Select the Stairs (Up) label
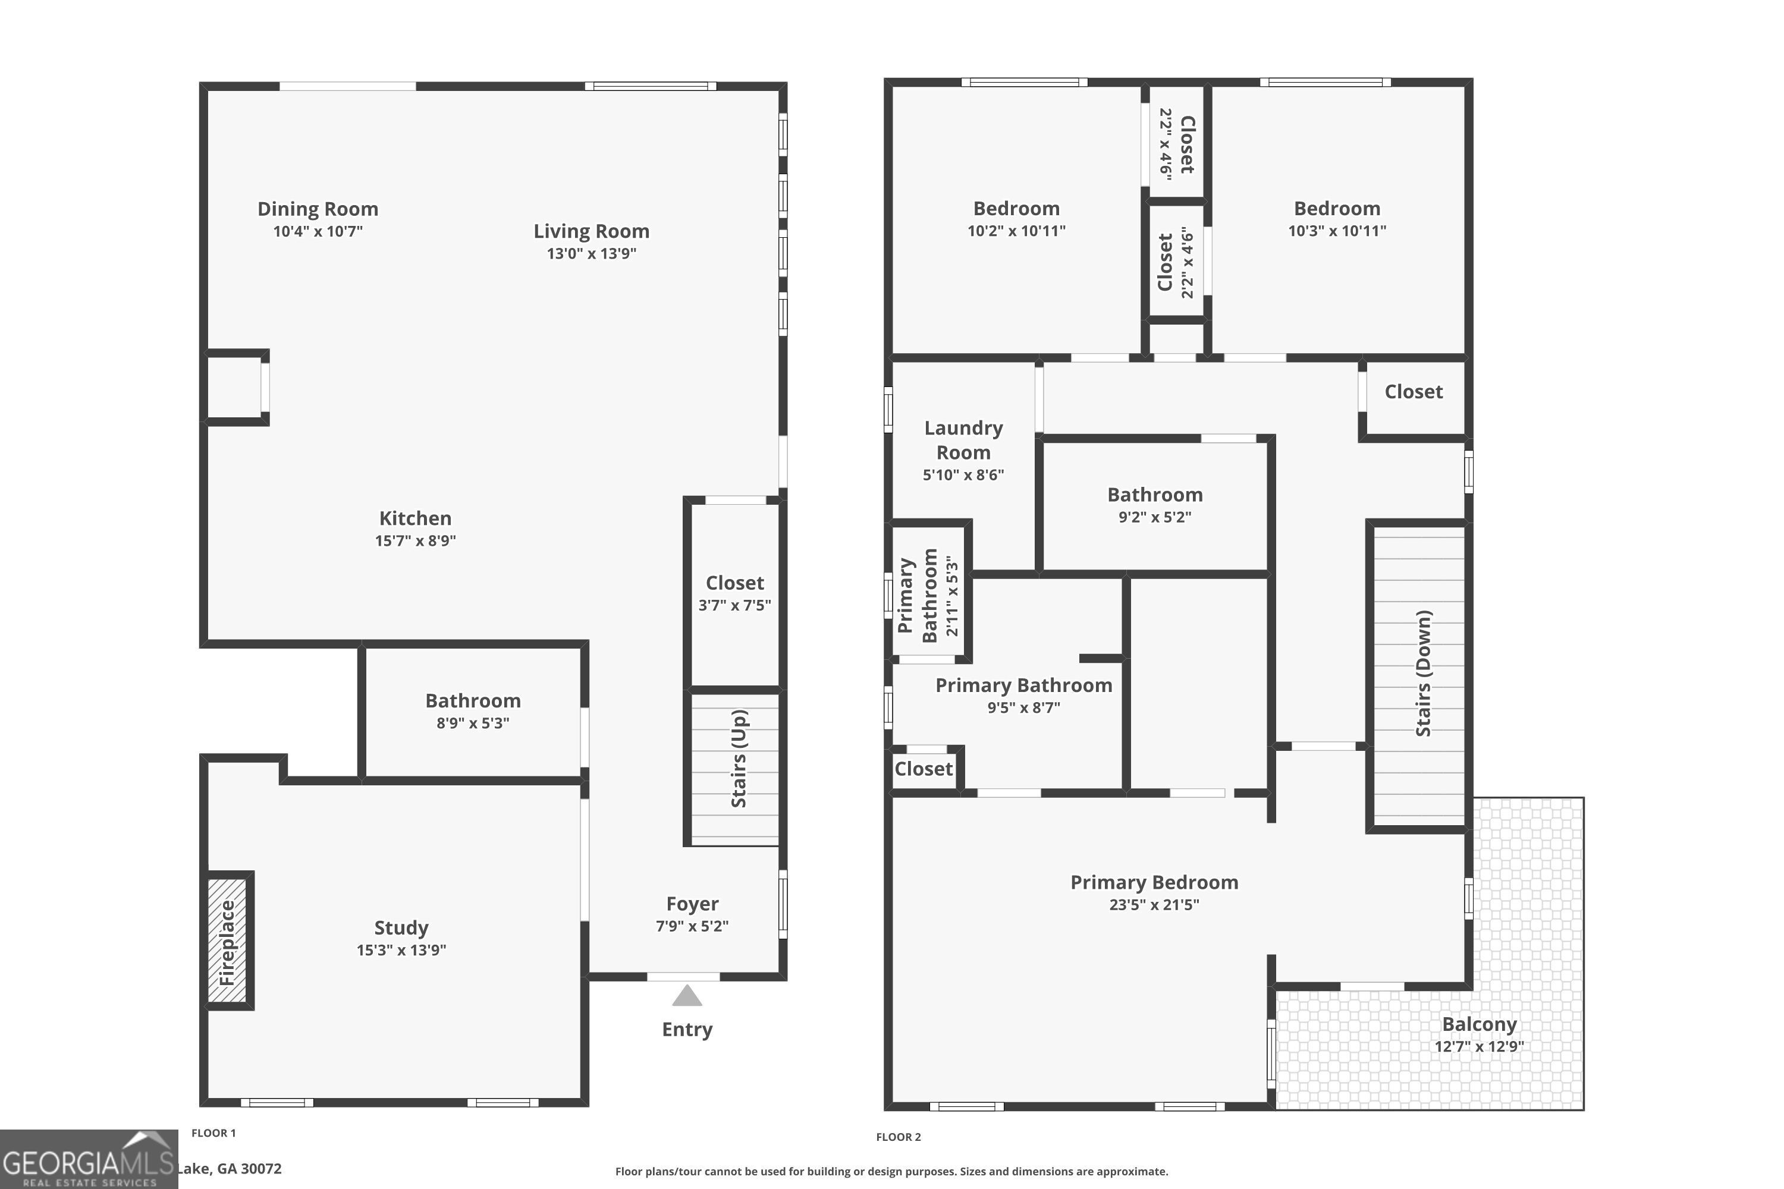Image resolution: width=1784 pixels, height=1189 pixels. click(x=739, y=759)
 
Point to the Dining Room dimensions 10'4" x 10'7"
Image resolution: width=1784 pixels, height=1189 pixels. click(x=318, y=231)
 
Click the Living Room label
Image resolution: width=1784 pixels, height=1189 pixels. click(x=591, y=231)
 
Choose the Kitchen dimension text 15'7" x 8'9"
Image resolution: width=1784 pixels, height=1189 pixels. click(x=415, y=540)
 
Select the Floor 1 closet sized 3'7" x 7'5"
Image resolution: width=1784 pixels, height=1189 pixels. click(x=734, y=592)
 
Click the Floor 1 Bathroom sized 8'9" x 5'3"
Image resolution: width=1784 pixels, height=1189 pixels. click(x=473, y=710)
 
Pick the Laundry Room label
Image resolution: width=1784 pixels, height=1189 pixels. click(x=963, y=440)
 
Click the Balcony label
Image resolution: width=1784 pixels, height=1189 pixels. click(x=1478, y=1024)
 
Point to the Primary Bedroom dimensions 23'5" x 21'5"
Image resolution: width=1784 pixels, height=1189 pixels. click(x=1154, y=905)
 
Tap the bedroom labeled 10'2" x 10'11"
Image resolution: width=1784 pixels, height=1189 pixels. click(x=1016, y=218)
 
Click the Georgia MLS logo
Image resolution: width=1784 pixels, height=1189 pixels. click(x=88, y=1159)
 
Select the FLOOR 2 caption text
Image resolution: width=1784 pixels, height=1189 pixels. click(x=898, y=1137)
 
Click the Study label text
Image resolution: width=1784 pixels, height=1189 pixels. click(x=401, y=927)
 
